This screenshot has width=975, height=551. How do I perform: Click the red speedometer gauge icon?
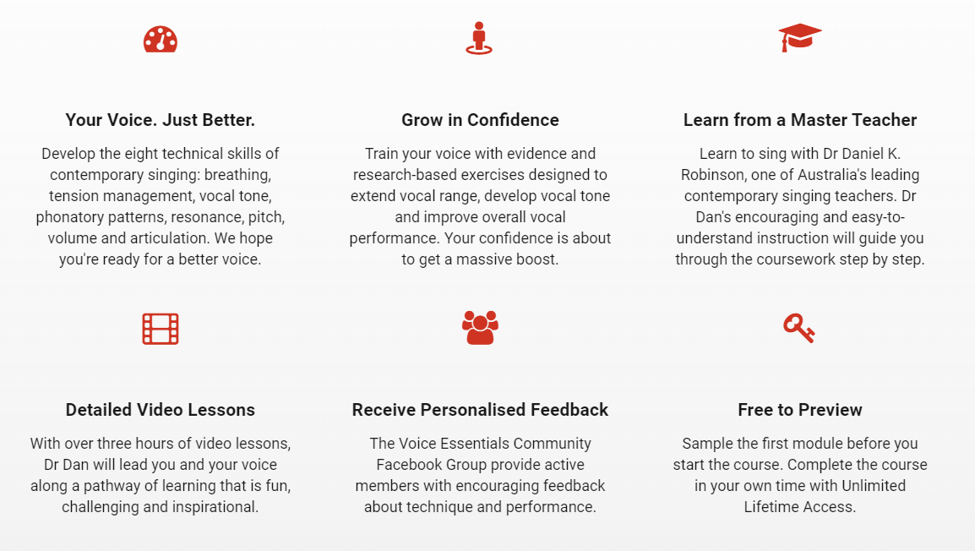pyautogui.click(x=161, y=39)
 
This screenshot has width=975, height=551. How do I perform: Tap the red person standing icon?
pyautogui.click(x=479, y=39)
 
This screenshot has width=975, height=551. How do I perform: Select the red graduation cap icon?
pyautogui.click(x=799, y=37)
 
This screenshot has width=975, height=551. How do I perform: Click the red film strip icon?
pyautogui.click(x=161, y=329)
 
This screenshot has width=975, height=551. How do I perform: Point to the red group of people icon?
pyautogui.click(x=480, y=328)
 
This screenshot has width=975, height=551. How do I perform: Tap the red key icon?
pyautogui.click(x=799, y=329)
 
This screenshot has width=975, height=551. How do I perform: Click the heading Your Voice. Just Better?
pyautogui.click(x=161, y=120)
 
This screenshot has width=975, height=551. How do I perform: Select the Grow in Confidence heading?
pyautogui.click(x=480, y=120)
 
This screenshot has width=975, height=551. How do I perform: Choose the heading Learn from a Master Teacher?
pyautogui.click(x=799, y=120)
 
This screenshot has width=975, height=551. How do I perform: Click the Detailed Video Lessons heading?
pyautogui.click(x=161, y=410)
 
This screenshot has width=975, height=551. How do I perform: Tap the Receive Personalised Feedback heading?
pyautogui.click(x=480, y=410)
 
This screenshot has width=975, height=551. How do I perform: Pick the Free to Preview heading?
pyautogui.click(x=799, y=410)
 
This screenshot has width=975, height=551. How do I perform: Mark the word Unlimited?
pyautogui.click(x=874, y=486)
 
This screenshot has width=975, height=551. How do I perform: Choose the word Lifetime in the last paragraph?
pyautogui.click(x=770, y=507)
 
